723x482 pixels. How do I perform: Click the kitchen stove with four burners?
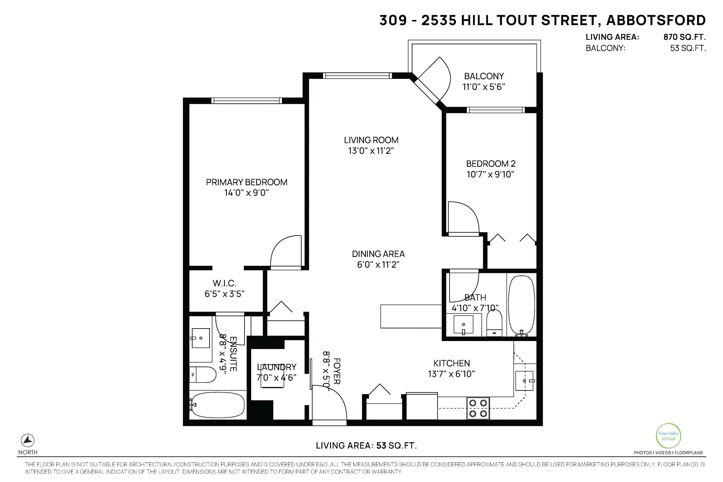[478, 408]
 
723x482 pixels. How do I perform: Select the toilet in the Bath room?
[494, 323]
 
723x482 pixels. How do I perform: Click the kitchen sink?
[524, 381]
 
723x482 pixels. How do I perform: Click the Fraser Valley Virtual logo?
[668, 436]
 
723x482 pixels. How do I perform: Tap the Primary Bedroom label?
[247, 182]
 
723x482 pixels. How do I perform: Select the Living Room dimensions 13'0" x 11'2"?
[371, 151]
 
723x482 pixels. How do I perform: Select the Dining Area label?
[378, 254]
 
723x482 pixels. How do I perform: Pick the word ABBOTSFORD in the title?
[656, 20]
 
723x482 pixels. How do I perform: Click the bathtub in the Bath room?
[522, 305]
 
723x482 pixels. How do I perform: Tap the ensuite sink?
[201, 338]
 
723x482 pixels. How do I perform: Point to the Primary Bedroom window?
[247, 100]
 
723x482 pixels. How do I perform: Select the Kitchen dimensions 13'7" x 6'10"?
[451, 374]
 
